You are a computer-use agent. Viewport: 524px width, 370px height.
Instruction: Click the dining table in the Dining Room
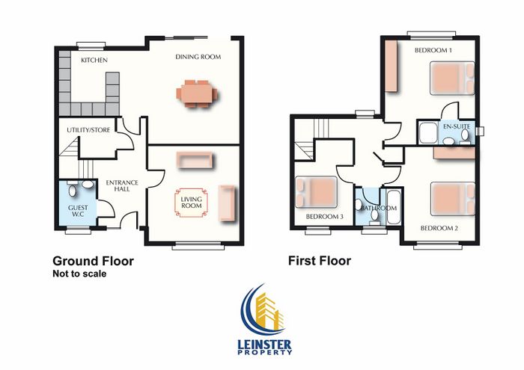click(x=197, y=93)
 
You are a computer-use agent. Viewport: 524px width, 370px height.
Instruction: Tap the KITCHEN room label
click(x=94, y=60)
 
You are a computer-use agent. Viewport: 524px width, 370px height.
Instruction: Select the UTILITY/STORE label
click(x=88, y=130)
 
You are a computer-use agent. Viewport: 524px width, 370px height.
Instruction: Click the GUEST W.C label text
click(x=78, y=211)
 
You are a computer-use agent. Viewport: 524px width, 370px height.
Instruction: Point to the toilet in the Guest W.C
click(x=73, y=189)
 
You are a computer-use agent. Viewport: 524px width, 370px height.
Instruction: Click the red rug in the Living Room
click(x=191, y=203)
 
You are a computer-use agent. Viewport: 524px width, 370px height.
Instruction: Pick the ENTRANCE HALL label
click(x=122, y=186)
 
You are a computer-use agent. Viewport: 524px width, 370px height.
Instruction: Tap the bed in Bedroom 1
click(x=452, y=78)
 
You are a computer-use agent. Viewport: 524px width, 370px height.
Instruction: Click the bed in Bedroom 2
click(x=453, y=199)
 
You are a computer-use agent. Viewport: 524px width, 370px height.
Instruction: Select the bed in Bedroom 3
click(x=316, y=192)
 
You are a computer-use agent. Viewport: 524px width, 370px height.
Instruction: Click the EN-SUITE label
click(x=457, y=126)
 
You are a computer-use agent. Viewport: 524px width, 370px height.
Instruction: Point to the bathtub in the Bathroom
click(x=393, y=207)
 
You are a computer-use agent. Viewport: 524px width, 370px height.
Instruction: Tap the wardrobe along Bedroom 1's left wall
click(x=391, y=66)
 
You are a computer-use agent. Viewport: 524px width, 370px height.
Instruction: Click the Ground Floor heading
click(x=94, y=261)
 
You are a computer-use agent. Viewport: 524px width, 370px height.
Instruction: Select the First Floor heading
click(x=320, y=261)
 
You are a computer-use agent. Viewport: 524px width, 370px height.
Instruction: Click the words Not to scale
click(x=79, y=274)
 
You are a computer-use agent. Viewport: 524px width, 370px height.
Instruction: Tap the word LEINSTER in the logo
click(x=265, y=345)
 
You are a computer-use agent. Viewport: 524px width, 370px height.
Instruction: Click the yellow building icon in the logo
click(x=269, y=310)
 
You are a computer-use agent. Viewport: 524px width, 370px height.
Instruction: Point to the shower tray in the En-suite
click(x=428, y=133)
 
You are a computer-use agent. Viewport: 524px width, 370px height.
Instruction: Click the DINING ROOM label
click(x=198, y=57)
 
